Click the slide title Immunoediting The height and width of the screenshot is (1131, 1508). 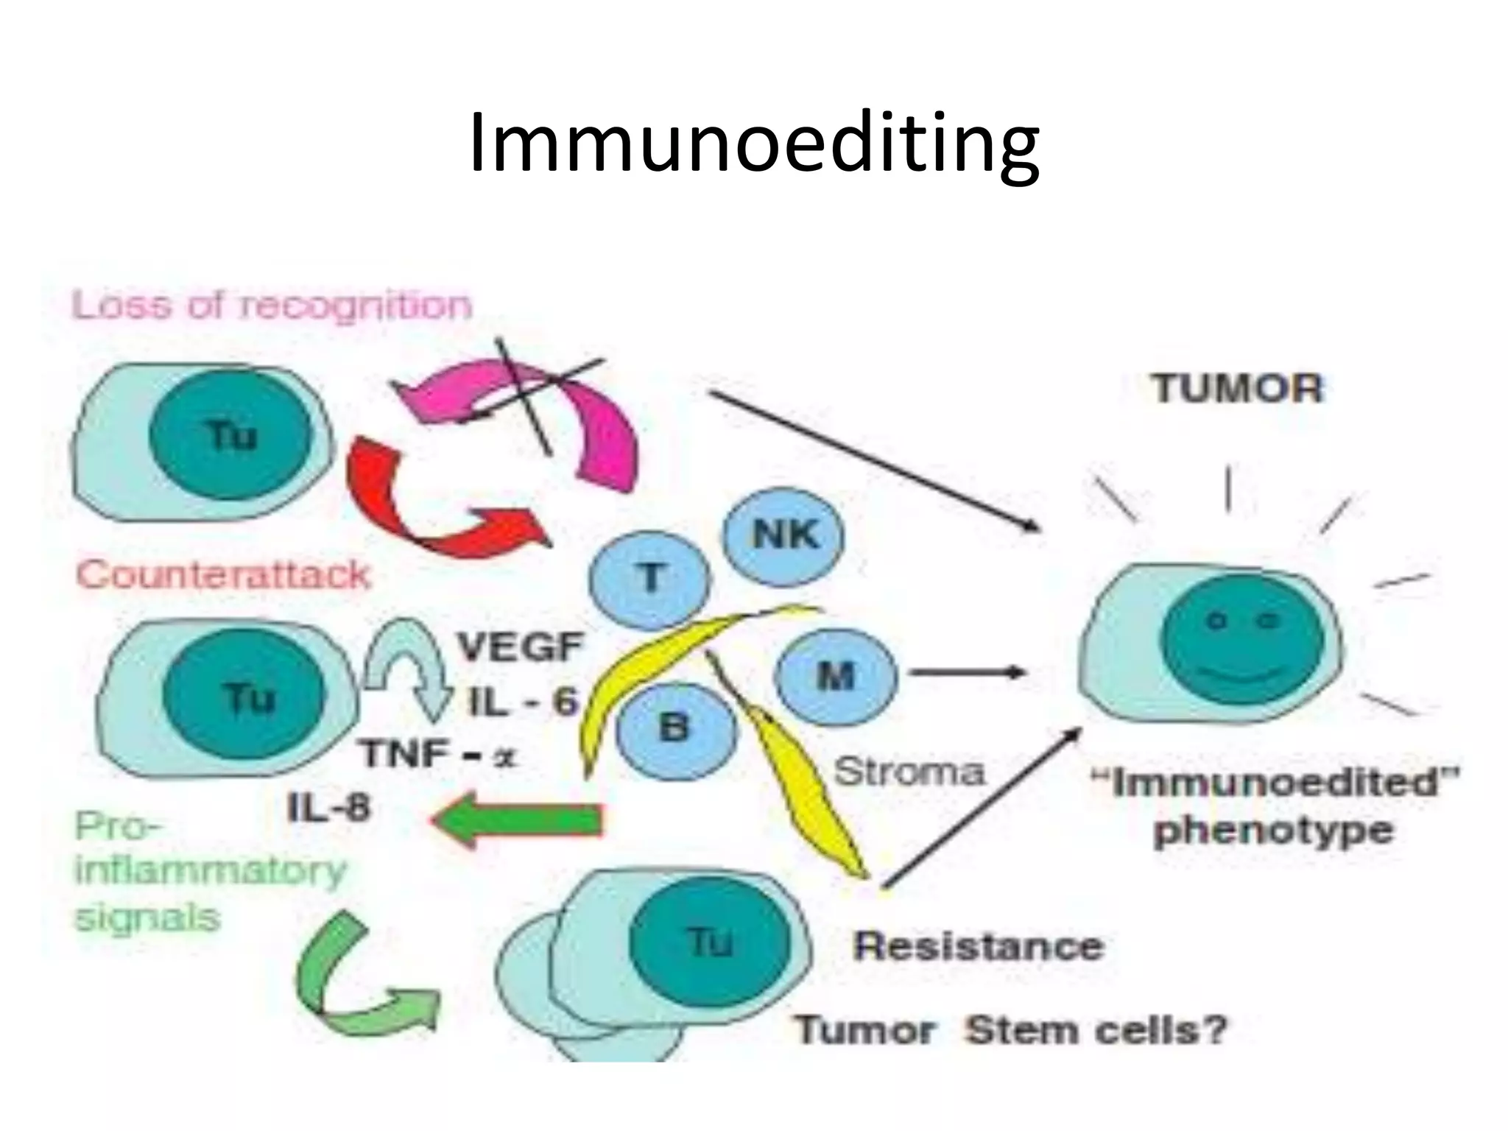[754, 144]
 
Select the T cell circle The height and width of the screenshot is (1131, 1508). [649, 579]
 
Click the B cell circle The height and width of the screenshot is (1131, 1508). [675, 728]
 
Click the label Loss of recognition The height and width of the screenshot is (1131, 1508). [272, 306]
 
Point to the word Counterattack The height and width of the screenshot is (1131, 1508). [223, 575]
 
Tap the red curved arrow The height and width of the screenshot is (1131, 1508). [412, 508]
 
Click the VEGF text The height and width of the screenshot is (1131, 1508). [521, 648]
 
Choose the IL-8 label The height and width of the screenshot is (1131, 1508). [328, 808]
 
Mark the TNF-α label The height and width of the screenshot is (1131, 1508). [439, 754]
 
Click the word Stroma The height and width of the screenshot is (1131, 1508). [909, 772]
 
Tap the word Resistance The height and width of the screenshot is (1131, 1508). [979, 946]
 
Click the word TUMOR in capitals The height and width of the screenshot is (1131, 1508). [1238, 388]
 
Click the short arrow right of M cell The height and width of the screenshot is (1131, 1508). [966, 672]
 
